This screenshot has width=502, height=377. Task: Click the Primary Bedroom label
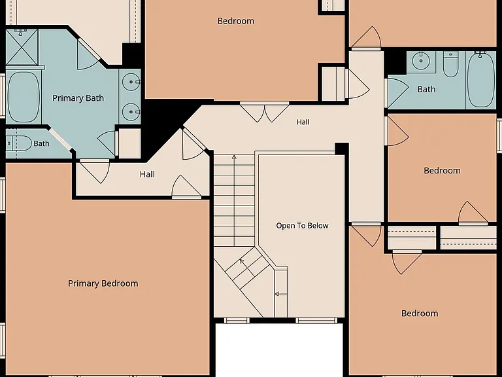[x=103, y=283]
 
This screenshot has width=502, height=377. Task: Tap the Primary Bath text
[x=78, y=98]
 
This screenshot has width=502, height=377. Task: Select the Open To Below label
[x=302, y=226]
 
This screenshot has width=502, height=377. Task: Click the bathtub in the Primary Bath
[x=24, y=97]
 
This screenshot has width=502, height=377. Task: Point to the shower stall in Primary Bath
[x=22, y=47]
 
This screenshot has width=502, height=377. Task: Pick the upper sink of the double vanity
[x=132, y=82]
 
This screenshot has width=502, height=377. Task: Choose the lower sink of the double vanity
[x=132, y=111]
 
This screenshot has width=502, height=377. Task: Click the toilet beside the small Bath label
[x=19, y=143]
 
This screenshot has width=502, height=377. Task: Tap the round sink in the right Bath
[x=420, y=61]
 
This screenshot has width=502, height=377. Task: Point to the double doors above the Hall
[x=265, y=112]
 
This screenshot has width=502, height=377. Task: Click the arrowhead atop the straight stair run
[x=234, y=157]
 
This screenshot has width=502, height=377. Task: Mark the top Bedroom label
[x=236, y=21]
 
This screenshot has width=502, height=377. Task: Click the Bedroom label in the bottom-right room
[x=420, y=314]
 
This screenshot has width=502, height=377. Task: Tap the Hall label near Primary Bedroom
[x=147, y=174]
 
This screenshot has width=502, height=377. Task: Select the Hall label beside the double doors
[x=303, y=122]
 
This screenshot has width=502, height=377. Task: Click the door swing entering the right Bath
[x=397, y=92]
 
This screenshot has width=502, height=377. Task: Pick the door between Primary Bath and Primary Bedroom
[x=95, y=171]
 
